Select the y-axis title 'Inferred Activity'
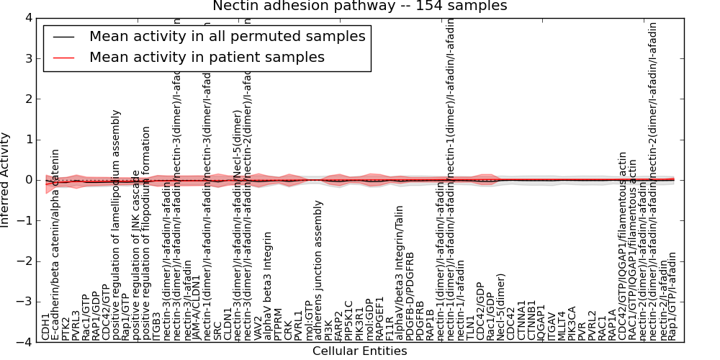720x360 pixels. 6,180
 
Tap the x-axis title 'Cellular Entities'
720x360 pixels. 359,351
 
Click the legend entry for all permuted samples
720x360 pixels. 227,36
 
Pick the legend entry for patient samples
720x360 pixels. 207,58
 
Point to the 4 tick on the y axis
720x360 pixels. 26,17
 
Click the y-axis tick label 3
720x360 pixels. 26,58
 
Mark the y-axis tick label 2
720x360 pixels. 26,99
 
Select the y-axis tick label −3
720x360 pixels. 23,302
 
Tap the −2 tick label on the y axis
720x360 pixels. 23,262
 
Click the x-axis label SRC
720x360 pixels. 217,329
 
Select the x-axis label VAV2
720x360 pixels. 258,327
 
